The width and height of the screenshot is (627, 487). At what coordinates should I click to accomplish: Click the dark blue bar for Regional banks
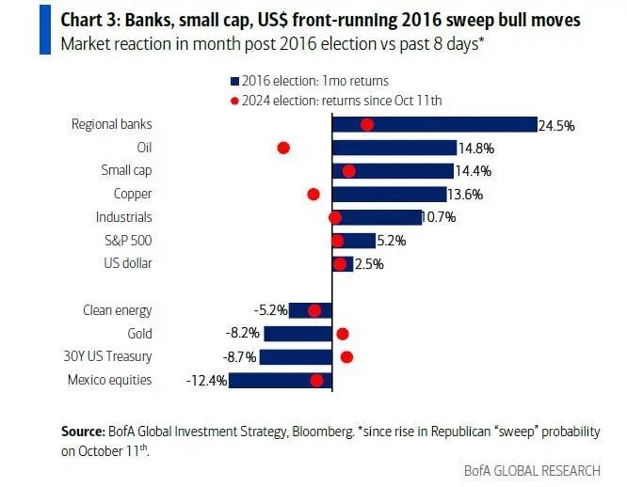point(433,124)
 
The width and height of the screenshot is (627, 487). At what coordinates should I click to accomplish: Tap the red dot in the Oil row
point(282,148)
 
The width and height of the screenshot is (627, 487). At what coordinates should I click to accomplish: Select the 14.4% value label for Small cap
point(474,171)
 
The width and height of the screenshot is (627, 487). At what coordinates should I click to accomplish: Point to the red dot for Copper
point(313,194)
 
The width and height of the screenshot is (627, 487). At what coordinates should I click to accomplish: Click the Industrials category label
point(124,217)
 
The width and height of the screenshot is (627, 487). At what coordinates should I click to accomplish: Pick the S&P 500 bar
point(355,240)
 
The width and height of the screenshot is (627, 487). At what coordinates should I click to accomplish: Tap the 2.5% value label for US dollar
point(370,263)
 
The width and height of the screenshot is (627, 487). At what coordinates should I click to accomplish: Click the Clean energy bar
point(311,310)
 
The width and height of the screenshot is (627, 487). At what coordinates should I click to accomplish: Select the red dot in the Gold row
point(343,334)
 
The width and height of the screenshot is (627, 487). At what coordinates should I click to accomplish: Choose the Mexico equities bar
point(281,380)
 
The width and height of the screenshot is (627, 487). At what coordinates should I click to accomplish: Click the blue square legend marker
point(234,81)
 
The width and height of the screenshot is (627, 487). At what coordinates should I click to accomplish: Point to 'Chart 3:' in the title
point(90,21)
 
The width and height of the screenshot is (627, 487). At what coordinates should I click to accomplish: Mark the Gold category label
point(138,334)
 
